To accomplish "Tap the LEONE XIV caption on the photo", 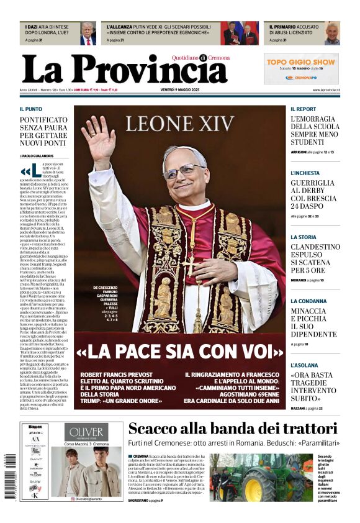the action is (x=180, y=124).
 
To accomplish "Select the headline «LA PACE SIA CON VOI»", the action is (x=179, y=352).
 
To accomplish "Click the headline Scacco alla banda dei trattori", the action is (x=233, y=429).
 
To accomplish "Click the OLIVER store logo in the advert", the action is (x=86, y=432).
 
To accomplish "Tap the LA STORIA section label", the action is (x=303, y=237).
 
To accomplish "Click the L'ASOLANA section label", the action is (x=304, y=365).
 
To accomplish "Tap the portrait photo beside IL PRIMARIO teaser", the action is (x=333, y=33).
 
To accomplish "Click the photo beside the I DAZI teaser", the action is (x=88, y=33).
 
